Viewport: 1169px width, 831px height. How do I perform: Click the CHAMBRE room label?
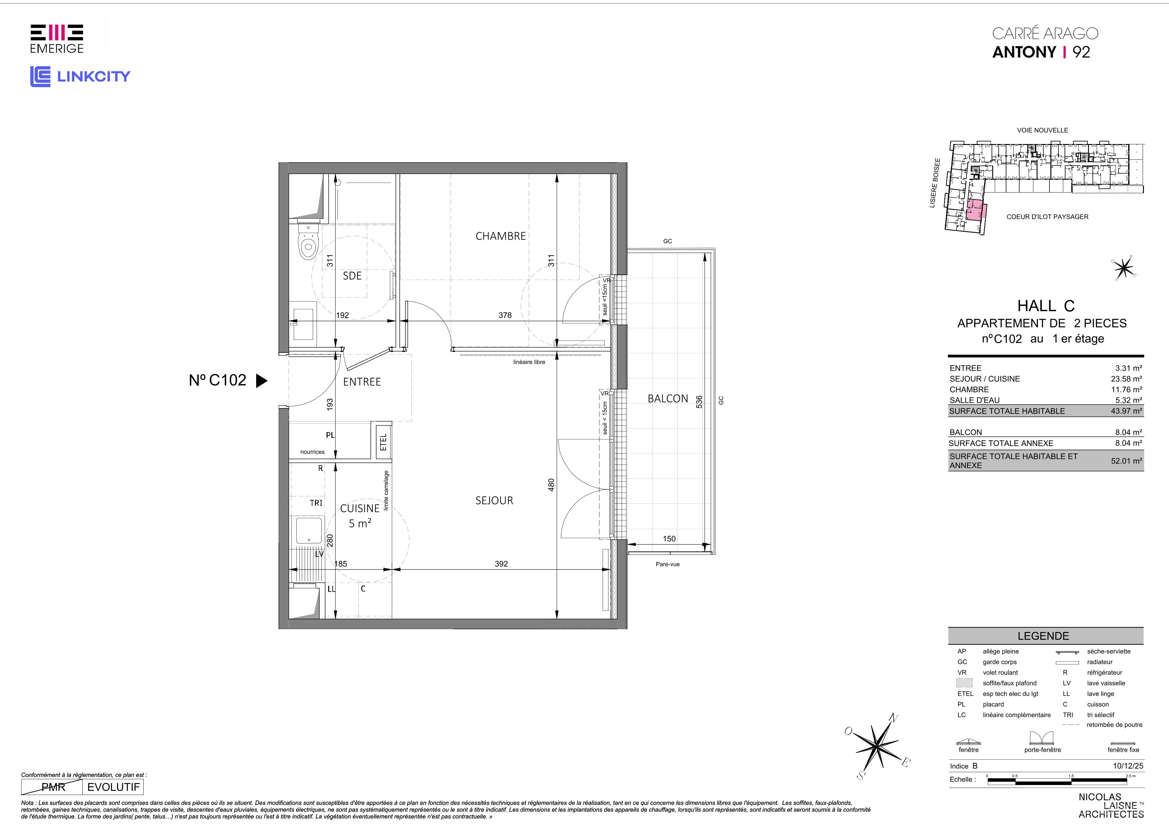(500, 236)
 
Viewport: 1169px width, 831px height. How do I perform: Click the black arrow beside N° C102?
(261, 381)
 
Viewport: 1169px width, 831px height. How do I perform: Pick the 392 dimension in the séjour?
(501, 564)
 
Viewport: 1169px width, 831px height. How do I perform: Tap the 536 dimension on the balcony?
(699, 402)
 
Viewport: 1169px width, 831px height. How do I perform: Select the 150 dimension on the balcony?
(669, 538)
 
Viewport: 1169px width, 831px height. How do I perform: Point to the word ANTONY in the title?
(1024, 52)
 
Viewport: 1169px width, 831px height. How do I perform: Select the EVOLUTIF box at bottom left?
(113, 787)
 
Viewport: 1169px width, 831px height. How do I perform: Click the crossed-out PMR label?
(53, 787)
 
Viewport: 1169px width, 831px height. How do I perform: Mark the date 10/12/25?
(1128, 766)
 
